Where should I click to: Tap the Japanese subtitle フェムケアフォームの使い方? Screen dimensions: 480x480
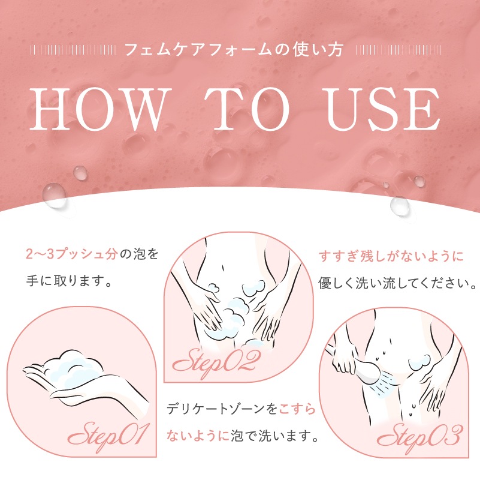pyautogui.click(x=233, y=49)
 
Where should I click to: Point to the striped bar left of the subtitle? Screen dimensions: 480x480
pyautogui.click(x=72, y=49)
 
